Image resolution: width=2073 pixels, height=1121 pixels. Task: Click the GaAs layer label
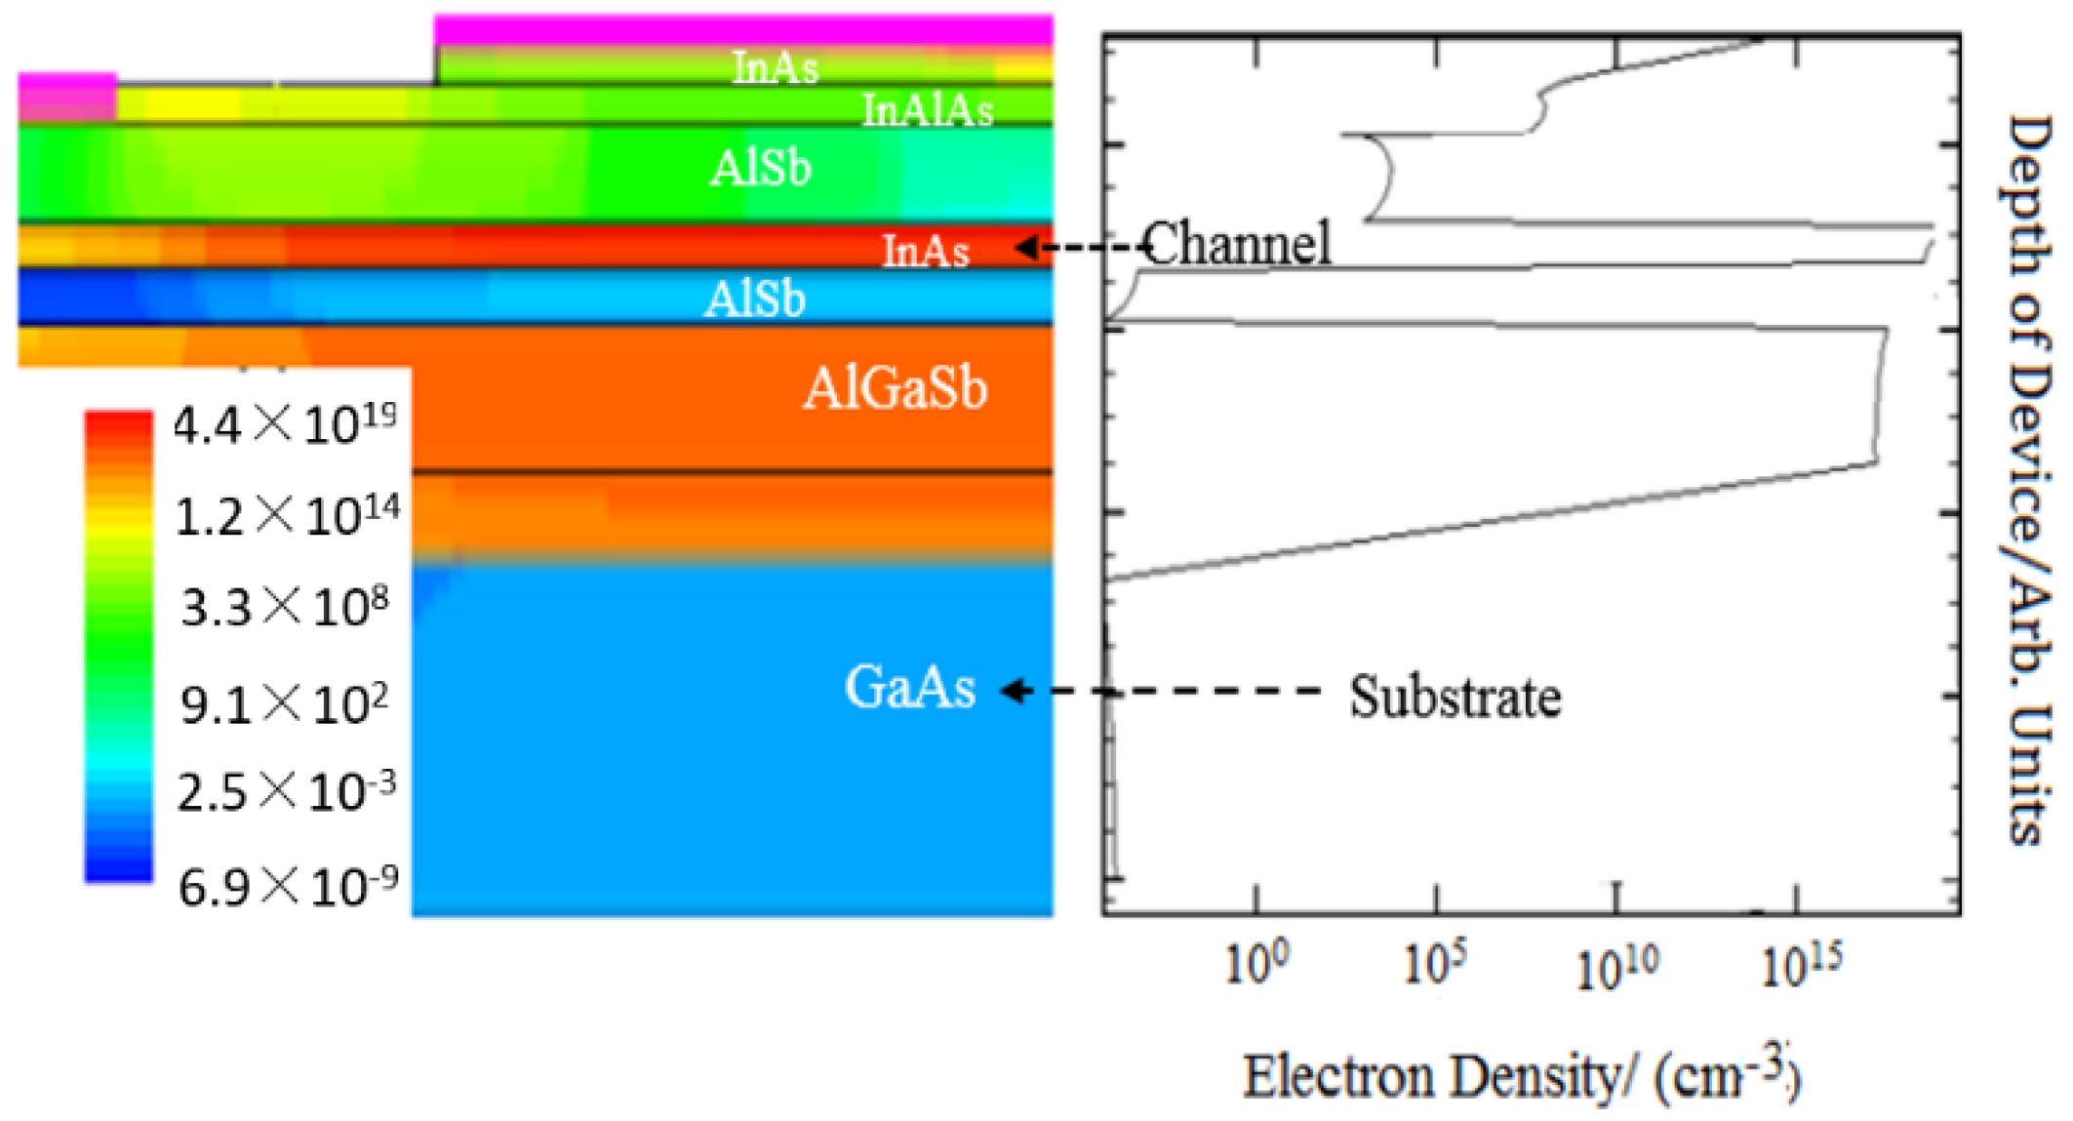909,687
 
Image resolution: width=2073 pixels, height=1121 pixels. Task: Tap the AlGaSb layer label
895,388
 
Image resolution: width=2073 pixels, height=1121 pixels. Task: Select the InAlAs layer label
927,110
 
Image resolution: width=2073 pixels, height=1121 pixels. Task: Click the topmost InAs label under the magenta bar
776,67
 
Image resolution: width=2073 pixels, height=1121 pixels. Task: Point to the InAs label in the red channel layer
926,251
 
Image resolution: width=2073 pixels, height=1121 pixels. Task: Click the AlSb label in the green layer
760,168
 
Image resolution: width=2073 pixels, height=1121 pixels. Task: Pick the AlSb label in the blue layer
755,299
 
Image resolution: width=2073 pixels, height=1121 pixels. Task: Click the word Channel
1237,243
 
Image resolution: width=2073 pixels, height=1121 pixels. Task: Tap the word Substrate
1455,697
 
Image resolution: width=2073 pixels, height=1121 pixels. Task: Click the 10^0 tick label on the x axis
1256,964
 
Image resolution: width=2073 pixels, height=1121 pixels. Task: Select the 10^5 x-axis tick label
1435,964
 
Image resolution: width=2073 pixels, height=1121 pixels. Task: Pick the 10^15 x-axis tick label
1801,964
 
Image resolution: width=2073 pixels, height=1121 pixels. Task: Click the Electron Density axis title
1520,1075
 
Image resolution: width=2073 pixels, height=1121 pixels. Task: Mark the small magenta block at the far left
66,97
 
